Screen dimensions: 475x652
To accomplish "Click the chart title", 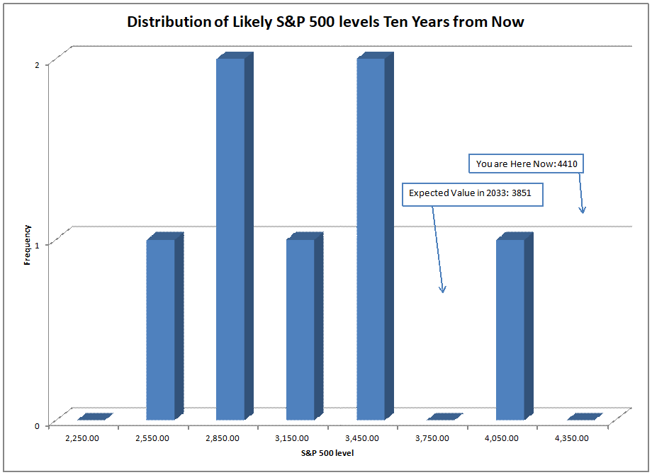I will (325, 21).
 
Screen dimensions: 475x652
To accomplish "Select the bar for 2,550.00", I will (160, 329).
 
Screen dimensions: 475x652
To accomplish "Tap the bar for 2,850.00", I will (230, 239).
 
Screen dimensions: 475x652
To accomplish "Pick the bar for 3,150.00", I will (300, 329).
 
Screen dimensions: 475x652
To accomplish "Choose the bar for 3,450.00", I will (371, 239).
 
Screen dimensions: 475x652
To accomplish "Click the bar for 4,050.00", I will (510, 329).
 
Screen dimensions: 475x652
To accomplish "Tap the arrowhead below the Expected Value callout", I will (442, 289).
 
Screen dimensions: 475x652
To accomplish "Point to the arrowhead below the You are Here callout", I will (583, 210).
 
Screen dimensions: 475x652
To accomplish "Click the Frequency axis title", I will (28, 244).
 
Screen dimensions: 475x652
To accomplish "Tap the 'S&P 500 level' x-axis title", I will (328, 452).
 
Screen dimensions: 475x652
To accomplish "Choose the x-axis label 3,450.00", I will (363, 438).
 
